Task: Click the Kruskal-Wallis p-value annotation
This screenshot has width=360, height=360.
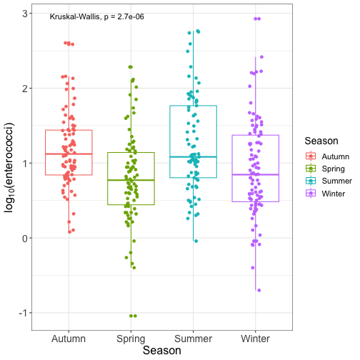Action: tap(97, 16)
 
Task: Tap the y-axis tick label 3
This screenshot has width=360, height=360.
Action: tap(25, 14)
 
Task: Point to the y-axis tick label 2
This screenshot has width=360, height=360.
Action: tap(25, 89)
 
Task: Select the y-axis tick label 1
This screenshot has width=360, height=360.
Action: tap(25, 164)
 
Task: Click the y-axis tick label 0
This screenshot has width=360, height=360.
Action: tap(25, 238)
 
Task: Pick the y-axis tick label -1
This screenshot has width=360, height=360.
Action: tap(24, 313)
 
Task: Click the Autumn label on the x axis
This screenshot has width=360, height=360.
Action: tap(69, 339)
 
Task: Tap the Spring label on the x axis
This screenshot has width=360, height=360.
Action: tap(131, 339)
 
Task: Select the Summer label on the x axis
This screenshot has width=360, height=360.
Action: tap(193, 339)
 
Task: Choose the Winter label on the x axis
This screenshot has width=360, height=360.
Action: tap(255, 339)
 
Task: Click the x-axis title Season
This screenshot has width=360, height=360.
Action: tap(162, 351)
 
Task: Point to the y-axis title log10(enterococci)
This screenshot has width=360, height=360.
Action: tap(9, 168)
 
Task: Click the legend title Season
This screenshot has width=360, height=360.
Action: tap(321, 141)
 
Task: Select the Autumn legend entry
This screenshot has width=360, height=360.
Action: tap(328, 156)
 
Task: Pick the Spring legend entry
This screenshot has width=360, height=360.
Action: tap(325, 169)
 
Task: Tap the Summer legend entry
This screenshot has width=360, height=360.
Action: tap(329, 181)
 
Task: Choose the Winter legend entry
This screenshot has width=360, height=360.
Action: tap(325, 194)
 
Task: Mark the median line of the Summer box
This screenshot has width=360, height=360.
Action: tap(193, 157)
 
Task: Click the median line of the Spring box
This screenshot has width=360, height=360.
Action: tap(131, 180)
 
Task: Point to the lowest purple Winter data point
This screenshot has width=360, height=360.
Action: tap(259, 290)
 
